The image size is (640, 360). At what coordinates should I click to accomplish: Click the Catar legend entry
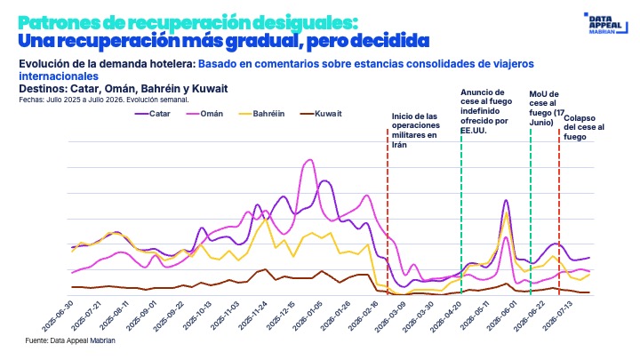point(153,114)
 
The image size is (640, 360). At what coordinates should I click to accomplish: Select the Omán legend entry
point(204,114)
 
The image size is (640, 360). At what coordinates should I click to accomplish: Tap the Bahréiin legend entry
point(261,114)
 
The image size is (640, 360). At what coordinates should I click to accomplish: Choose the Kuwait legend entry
point(321,114)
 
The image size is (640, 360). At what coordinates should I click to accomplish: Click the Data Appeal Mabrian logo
point(605,23)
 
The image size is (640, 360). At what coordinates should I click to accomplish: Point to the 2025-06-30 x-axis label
point(58,316)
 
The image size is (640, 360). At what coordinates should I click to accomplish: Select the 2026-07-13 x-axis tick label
point(559,316)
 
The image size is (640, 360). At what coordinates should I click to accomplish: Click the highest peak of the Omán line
point(309,160)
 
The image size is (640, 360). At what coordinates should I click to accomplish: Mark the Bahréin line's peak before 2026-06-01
point(506,212)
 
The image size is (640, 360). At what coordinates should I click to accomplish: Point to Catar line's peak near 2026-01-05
point(324,180)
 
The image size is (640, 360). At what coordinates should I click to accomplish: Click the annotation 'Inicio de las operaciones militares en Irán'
point(415,131)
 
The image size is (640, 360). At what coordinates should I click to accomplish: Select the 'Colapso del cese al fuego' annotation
point(584,127)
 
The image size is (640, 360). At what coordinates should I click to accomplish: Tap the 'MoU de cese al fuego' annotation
point(547,108)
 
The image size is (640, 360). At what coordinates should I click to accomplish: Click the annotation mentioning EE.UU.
point(486,111)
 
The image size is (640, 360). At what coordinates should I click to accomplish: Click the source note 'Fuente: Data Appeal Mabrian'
point(70,340)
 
